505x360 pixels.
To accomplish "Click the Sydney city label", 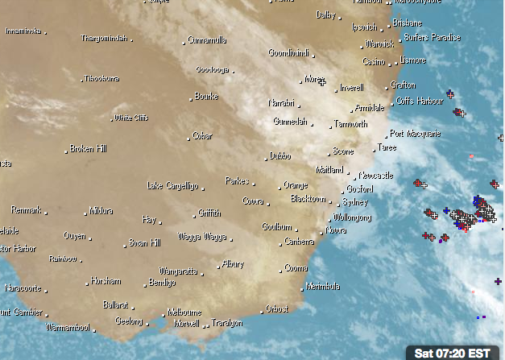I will coord(355,202).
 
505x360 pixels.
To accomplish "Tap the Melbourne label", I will coord(184,312).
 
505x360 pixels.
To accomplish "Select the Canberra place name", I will coord(299,242).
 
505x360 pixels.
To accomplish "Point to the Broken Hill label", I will coord(89,149).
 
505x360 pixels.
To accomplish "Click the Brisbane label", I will coord(408,23).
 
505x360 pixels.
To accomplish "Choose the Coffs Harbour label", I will coord(420,101).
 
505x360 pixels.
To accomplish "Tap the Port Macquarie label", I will coord(415,134).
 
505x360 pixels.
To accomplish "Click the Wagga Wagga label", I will coord(202,236).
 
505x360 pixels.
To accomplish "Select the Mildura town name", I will coord(101,211).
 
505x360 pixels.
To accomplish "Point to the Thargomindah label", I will coord(105,38).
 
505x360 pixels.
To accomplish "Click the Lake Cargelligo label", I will coord(172,186).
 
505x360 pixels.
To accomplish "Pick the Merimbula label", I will coord(323,286).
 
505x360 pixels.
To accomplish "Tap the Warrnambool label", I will coord(68,329).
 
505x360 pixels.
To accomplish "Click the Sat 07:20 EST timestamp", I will coord(452,353).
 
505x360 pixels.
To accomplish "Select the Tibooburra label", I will coord(102,79).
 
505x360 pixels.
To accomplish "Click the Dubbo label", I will coord(280,155).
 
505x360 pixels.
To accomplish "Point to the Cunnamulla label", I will coord(207,39).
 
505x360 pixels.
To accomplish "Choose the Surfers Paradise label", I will coord(433,38).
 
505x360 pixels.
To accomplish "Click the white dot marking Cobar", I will coord(188,138).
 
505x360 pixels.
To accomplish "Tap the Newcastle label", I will coord(376,176).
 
